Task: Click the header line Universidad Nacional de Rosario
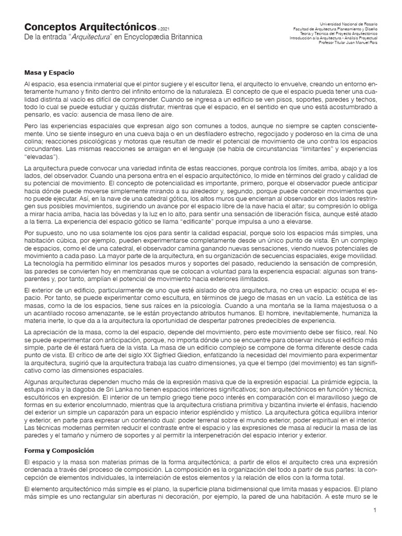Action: (x=349, y=25)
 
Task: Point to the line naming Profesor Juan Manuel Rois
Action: (x=348, y=42)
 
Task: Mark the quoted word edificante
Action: (x=166, y=236)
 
